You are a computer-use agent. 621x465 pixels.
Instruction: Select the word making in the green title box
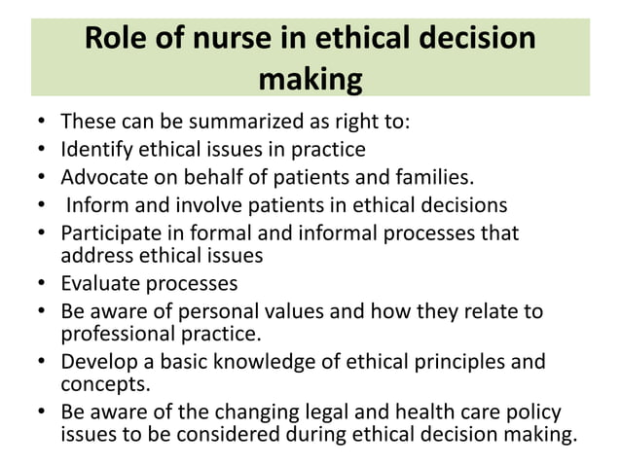point(310,79)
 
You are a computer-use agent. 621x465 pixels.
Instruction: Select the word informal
point(330,233)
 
